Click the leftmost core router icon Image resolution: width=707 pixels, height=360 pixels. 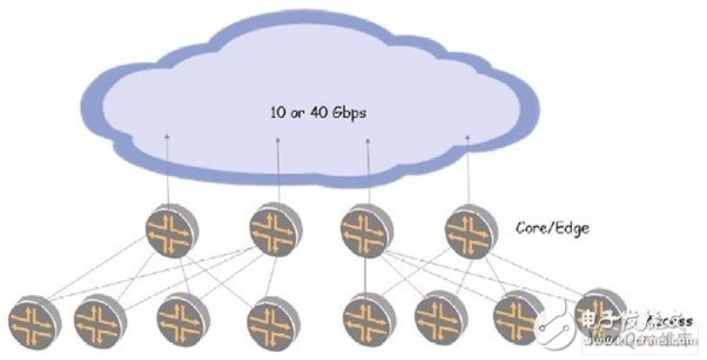(172, 231)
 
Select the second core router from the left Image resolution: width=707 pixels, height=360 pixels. (274, 229)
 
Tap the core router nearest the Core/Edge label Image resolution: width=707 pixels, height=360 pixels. (471, 231)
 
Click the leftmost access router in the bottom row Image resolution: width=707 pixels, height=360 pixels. (33, 322)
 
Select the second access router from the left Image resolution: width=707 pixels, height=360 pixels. (100, 320)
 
